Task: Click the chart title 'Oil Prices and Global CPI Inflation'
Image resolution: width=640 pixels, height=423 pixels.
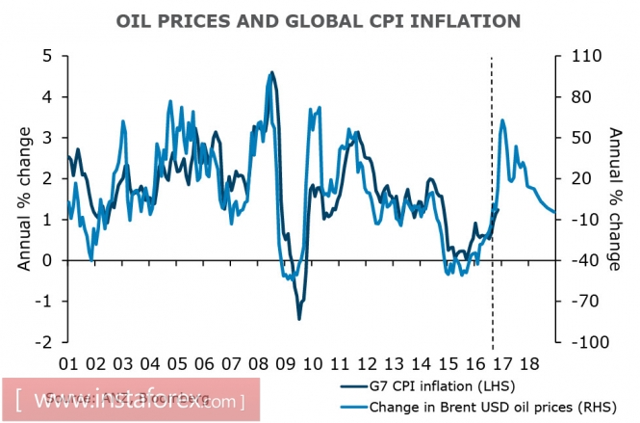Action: point(319,19)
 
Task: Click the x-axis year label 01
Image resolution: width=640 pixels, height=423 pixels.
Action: point(69,365)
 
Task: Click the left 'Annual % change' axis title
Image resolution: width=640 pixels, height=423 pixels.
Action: point(23,198)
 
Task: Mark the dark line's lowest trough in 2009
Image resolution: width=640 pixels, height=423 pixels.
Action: point(299,318)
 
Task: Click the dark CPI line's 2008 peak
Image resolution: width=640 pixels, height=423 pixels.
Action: point(271,72)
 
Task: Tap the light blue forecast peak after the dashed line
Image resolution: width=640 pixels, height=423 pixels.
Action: point(503,120)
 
